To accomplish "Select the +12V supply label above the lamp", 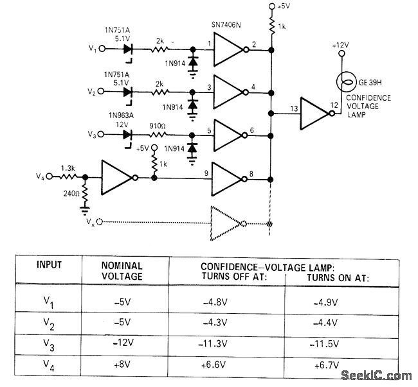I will coord(341,46).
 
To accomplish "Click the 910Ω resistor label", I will coord(158,126).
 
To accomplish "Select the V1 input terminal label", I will coord(93,49).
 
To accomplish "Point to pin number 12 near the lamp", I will coord(333,105).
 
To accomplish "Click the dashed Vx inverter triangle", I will coord(224,223).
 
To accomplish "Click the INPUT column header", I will coord(50,265).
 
